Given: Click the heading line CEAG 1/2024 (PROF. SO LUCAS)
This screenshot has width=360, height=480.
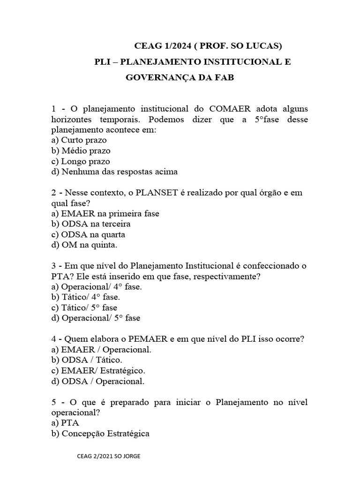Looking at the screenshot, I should click(208, 45).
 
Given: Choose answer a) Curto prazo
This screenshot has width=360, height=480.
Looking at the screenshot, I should click(79, 140).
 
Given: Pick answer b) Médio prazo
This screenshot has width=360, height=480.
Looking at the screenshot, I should click(81, 150).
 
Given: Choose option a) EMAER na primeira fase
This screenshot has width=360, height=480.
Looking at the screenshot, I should click(105, 213).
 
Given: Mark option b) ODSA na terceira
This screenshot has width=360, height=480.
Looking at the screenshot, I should click(90, 224).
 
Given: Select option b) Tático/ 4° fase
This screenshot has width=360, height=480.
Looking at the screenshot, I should click(84, 297).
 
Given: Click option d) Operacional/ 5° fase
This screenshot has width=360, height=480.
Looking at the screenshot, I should click(96, 318).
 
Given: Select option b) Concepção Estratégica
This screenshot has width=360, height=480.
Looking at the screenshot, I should click(100, 434).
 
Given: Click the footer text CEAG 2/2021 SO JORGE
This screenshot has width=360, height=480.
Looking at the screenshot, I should click(111, 456).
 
